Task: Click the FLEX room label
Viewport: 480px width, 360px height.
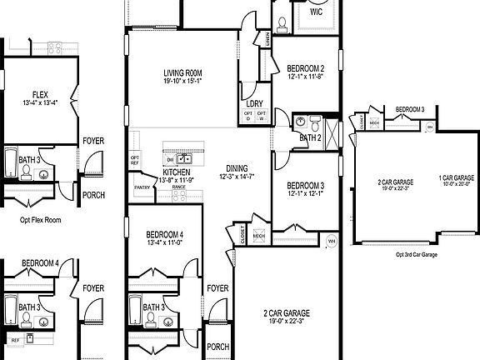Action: click(x=40, y=95)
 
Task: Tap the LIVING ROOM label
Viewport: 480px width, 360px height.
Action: click(x=182, y=73)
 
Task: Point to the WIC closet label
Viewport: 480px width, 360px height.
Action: click(x=316, y=13)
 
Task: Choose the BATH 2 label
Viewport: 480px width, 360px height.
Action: click(x=310, y=137)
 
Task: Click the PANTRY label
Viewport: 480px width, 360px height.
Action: click(x=142, y=188)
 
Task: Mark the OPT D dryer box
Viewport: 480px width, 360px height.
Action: click(x=248, y=117)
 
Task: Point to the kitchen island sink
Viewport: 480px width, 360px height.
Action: click(x=187, y=158)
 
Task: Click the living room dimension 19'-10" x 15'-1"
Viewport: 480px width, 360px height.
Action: click(x=182, y=82)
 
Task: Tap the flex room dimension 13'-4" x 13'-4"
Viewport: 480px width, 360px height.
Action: click(x=40, y=103)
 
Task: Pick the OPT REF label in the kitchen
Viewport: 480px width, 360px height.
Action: click(x=134, y=160)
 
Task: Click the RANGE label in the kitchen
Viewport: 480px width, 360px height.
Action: click(x=178, y=187)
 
